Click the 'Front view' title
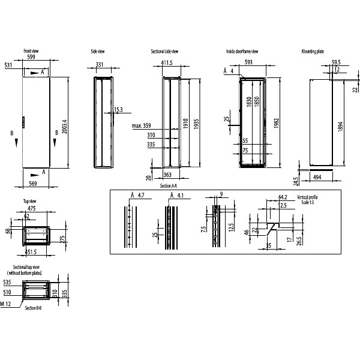(x=31, y=52)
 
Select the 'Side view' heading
(x=98, y=52)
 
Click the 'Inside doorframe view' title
(x=242, y=52)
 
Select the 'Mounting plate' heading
(x=313, y=52)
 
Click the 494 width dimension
(x=318, y=177)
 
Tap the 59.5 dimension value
(x=336, y=62)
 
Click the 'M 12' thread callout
(x=6, y=304)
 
